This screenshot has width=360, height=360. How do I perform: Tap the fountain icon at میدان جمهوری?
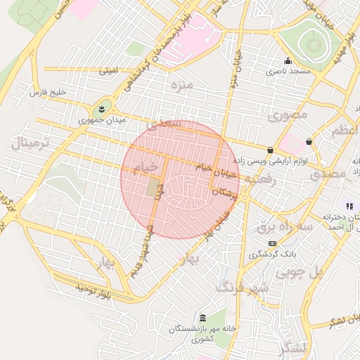pos(101,108)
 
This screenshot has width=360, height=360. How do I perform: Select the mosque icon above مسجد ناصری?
pos(288,60)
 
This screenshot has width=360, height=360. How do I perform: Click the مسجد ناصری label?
pos(288,72)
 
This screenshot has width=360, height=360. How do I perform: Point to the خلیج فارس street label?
pos(48,92)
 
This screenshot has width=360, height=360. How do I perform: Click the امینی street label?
pos(110,70)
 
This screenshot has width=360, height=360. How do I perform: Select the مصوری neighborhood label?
pos(288,114)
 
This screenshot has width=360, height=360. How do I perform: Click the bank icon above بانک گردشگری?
pos(272,243)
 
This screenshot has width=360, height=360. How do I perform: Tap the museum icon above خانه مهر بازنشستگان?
pos(202,318)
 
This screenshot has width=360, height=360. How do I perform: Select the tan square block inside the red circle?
pos(153,187)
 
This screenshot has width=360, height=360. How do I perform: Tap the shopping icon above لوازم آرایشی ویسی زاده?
pos(271,149)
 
